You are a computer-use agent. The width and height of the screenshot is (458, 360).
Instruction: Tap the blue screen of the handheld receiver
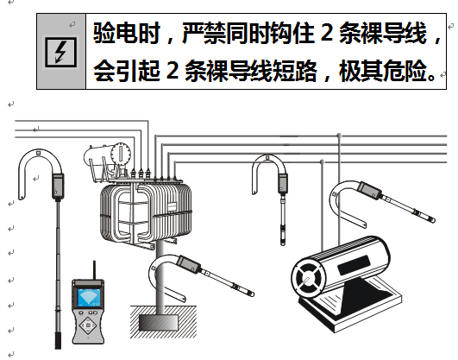[87, 298]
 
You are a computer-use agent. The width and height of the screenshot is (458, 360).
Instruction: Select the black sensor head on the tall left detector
[59, 185]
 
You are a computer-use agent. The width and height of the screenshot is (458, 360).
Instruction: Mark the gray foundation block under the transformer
[160, 321]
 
